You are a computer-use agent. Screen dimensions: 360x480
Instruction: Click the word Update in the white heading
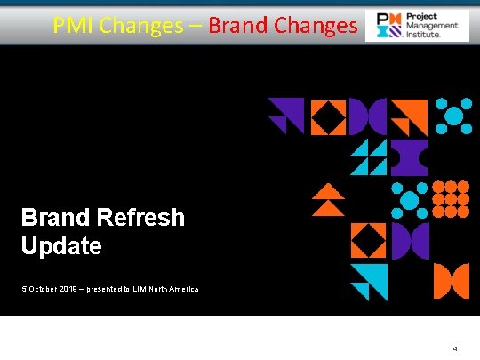(x=61, y=246)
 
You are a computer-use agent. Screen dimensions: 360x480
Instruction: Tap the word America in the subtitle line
(x=183, y=290)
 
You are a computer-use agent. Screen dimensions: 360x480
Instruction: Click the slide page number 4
(x=455, y=348)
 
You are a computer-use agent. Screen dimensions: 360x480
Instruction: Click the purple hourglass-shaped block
(x=409, y=158)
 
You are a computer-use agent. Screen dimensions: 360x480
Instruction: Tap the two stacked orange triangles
(x=328, y=199)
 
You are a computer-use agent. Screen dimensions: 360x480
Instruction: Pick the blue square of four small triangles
(x=368, y=157)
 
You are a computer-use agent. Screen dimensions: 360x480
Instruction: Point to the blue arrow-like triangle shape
(x=368, y=282)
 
